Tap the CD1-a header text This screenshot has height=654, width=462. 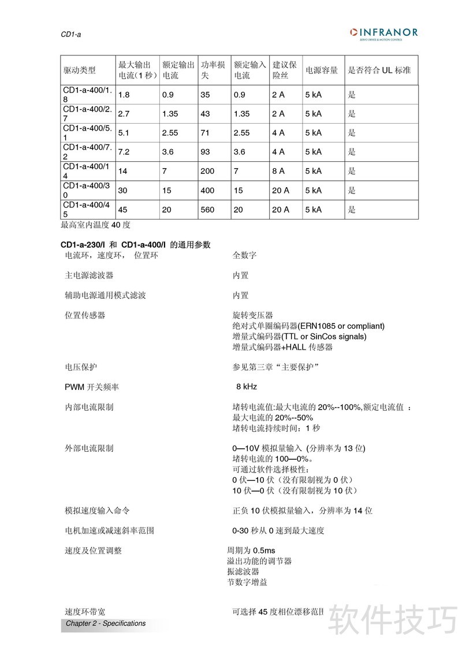(71, 35)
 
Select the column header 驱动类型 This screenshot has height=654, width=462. (79, 70)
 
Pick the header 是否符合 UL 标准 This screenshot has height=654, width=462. (379, 70)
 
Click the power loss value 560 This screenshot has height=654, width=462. (207, 210)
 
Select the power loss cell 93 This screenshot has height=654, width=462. (205, 152)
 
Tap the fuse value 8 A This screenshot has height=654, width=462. (278, 171)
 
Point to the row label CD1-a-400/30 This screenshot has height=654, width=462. (86, 190)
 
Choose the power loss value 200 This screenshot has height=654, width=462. (207, 171)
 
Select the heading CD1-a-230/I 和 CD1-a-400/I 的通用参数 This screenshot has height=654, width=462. (136, 245)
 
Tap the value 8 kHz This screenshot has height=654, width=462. (247, 387)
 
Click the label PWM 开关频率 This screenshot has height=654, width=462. (92, 387)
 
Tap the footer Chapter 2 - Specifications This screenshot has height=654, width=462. (106, 623)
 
